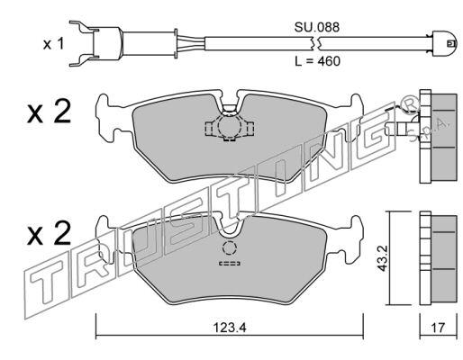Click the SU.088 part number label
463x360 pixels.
click(317, 27)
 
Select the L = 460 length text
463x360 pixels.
click(317, 61)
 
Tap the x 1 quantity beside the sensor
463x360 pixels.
click(53, 45)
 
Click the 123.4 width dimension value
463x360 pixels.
click(230, 328)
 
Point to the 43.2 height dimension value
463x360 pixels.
click(383, 258)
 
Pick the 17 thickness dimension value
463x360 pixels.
click(438, 328)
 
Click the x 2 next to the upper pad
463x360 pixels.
click(49, 112)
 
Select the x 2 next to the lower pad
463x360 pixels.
click(49, 233)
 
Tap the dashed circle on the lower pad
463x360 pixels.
click(230, 247)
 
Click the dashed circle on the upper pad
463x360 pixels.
click(230, 125)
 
